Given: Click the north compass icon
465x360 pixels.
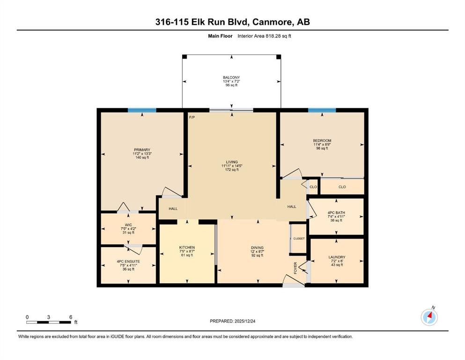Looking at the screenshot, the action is click(429, 317).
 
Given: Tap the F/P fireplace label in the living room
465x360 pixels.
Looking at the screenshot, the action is click(192, 118).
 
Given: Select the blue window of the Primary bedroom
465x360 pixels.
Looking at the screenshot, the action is click(142, 111).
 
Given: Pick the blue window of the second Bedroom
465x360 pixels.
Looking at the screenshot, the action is click(322, 111).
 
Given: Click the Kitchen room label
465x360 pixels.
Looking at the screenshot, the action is click(187, 247).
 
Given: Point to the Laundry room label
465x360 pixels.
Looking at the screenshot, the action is click(337, 257).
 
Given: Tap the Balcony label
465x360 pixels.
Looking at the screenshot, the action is click(232, 77).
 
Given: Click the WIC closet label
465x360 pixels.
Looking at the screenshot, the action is click(128, 225).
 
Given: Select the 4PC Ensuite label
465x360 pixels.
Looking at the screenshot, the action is click(128, 262).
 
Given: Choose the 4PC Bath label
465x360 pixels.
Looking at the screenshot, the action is click(336, 213).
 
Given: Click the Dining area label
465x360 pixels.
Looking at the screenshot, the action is click(257, 247).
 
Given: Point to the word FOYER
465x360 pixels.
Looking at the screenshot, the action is click(295, 268).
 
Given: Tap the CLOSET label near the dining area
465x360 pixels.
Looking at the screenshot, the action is click(299, 239).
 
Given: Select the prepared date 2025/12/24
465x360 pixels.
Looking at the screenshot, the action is click(244, 321).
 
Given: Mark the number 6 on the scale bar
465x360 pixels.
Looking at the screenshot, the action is click(71, 317).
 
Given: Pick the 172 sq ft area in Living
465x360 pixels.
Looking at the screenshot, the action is click(232, 170).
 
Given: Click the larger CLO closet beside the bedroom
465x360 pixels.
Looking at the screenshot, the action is click(342, 187).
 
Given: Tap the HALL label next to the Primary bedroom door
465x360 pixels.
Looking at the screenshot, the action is click(173, 209).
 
